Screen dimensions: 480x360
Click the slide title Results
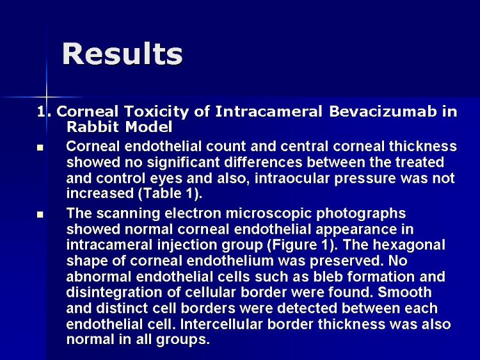(122, 54)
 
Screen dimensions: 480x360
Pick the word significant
(184, 162)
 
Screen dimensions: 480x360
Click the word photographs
(361, 214)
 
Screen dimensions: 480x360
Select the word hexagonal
(409, 245)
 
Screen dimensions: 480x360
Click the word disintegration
(114, 293)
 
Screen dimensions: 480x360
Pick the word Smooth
(404, 292)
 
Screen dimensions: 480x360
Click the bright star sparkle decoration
(47, 97)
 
